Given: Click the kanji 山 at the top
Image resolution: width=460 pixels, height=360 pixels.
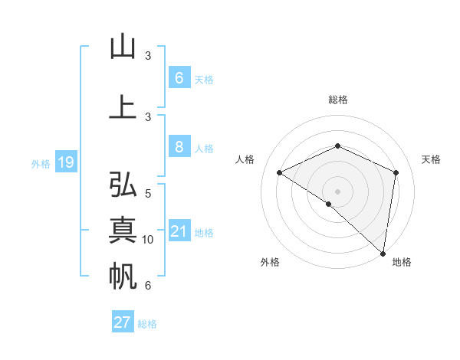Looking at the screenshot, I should (x=123, y=47).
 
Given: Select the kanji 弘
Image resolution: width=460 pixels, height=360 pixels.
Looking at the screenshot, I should (x=123, y=185).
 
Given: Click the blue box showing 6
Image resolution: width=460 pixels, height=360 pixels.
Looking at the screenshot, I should (x=179, y=78).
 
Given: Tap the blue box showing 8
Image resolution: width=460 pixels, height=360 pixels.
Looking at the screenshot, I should (x=179, y=147).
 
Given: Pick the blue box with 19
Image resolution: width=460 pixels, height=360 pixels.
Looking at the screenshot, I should (x=65, y=162).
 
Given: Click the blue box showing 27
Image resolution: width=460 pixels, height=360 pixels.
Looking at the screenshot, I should (x=123, y=322).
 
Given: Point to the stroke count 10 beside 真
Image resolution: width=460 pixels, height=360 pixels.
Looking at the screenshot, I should (x=148, y=240).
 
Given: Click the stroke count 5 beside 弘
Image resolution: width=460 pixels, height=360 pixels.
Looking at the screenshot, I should (x=148, y=194).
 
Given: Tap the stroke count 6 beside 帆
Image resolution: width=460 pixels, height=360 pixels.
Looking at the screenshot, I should (x=148, y=286).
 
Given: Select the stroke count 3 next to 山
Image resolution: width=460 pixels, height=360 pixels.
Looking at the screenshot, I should (x=148, y=56).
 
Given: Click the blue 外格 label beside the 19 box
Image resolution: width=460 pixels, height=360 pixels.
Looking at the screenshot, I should (x=40, y=163).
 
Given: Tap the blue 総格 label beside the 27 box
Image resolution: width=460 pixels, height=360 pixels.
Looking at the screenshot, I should (x=147, y=324).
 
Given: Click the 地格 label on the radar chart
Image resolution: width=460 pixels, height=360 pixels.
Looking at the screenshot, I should (x=402, y=262).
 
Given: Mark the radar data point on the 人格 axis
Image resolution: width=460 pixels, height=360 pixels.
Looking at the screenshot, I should (x=280, y=172).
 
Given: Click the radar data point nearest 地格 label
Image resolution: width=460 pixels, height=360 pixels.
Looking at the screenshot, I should (x=383, y=253).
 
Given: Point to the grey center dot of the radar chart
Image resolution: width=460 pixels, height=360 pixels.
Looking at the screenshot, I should (x=337, y=191).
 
